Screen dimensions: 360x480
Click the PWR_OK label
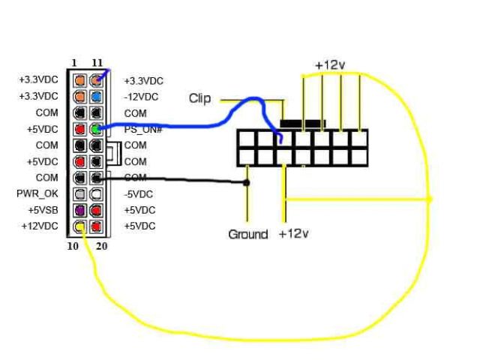click(37, 193)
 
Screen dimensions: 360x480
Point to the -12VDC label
click(141, 97)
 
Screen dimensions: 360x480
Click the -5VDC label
click(139, 193)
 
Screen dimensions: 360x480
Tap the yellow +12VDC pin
click(79, 226)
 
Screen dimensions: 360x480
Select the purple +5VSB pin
click(79, 210)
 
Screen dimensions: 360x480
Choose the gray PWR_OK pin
click(79, 193)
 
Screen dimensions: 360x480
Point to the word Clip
click(199, 99)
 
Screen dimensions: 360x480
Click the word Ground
click(247, 235)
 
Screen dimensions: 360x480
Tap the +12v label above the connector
click(330, 65)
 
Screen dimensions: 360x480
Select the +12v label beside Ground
click(293, 235)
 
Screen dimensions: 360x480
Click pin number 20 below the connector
click(102, 244)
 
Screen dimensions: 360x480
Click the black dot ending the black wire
click(247, 182)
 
